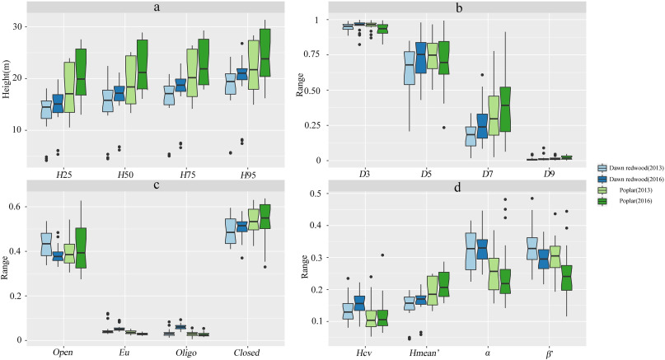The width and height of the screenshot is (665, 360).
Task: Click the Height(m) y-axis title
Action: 7,92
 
